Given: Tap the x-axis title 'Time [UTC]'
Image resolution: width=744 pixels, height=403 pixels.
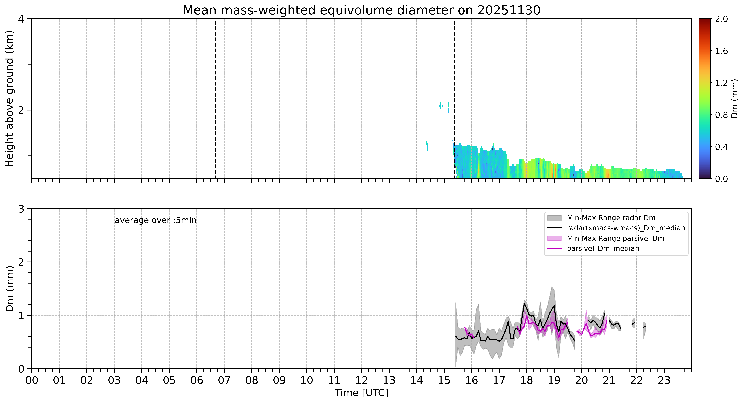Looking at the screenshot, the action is pos(362,393).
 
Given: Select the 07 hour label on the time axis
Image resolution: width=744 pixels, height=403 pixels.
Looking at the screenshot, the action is pos(224,380).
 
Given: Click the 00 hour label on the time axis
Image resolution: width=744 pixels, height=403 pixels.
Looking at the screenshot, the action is pos(32,380).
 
